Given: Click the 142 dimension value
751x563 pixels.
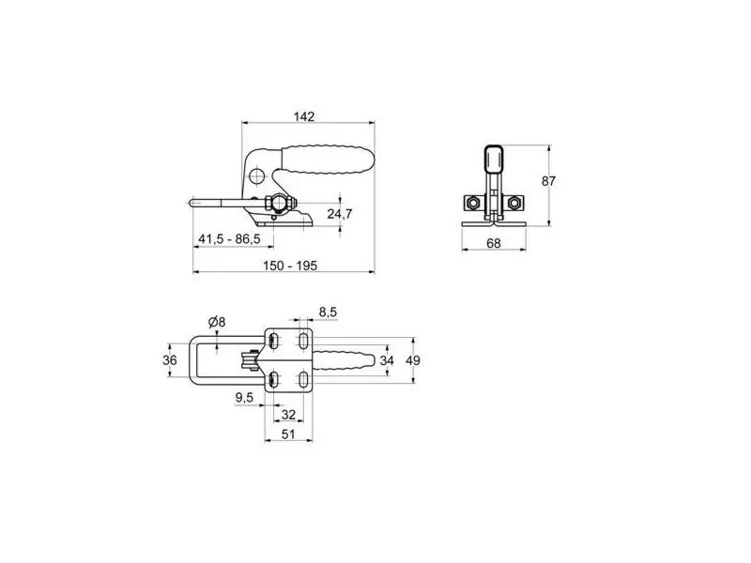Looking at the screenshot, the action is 304,116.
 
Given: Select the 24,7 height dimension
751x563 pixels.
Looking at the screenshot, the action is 339,214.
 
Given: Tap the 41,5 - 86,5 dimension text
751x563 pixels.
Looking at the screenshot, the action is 229,238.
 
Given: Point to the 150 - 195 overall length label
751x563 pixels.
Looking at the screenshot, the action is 290,266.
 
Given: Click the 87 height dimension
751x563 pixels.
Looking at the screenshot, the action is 548,181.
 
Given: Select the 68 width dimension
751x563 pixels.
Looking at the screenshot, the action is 494,243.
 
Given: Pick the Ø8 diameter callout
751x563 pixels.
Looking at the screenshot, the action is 217,322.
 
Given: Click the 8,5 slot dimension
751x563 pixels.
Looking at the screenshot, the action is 328,312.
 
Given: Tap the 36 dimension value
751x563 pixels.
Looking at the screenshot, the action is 170,360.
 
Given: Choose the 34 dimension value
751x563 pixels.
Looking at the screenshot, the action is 387,360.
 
